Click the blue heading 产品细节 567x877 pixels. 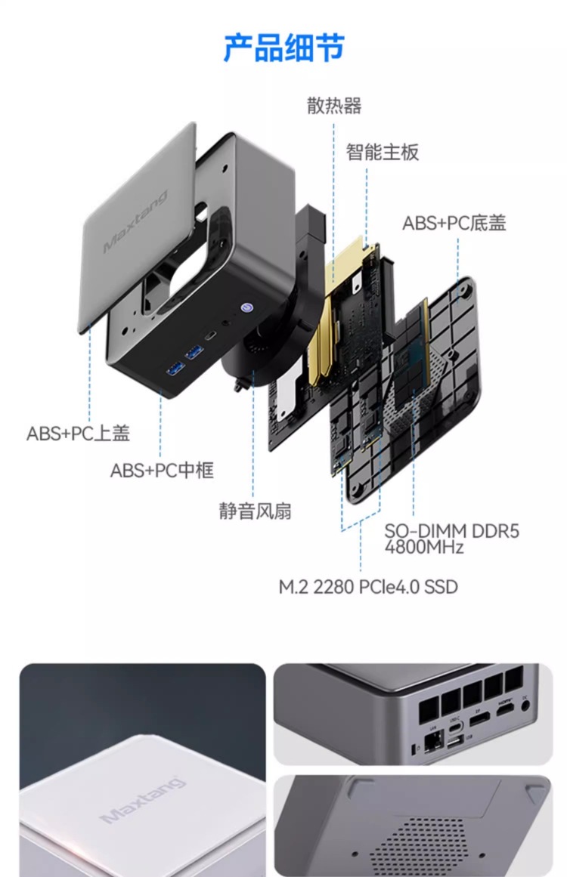pyautogui.click(x=283, y=48)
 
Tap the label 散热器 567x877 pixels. pyautogui.click(x=334, y=106)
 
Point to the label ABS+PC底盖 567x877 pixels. pyautogui.click(x=454, y=223)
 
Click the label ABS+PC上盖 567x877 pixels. pyautogui.click(x=79, y=434)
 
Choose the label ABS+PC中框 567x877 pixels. pyautogui.click(x=162, y=471)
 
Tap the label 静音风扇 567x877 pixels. pyautogui.click(x=255, y=511)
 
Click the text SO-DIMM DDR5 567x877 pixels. pyautogui.click(x=451, y=531)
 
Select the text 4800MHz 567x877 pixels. pyautogui.click(x=423, y=548)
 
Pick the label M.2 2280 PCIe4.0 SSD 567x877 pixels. pyautogui.click(x=368, y=587)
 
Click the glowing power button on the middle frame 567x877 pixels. pyautogui.click(x=246, y=308)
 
